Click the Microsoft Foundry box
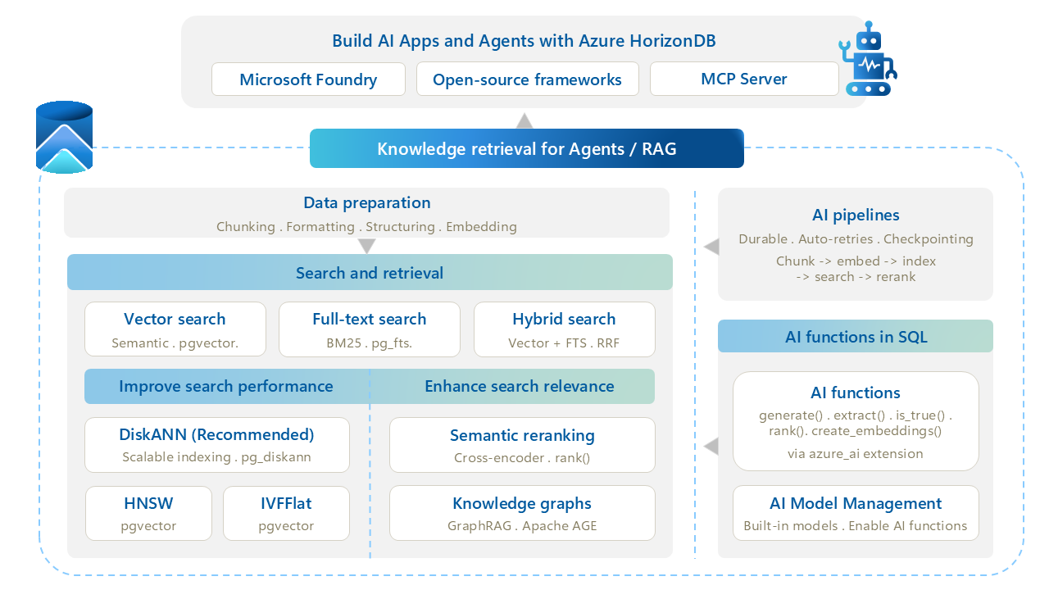(x=308, y=79)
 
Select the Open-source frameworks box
(x=527, y=79)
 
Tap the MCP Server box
(x=744, y=79)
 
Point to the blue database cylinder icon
(x=64, y=137)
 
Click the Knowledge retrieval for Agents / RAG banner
(x=527, y=148)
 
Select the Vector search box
(x=175, y=329)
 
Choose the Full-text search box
(x=370, y=329)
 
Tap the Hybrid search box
(x=565, y=329)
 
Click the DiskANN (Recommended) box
(x=217, y=445)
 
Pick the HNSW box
(x=148, y=513)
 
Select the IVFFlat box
(x=286, y=513)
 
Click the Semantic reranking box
(x=522, y=445)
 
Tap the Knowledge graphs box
(x=522, y=513)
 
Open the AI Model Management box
(x=856, y=513)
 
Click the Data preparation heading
(x=366, y=202)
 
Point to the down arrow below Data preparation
(x=366, y=246)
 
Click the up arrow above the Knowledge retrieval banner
(x=524, y=120)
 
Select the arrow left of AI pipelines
(x=711, y=247)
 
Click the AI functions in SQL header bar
(x=855, y=336)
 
